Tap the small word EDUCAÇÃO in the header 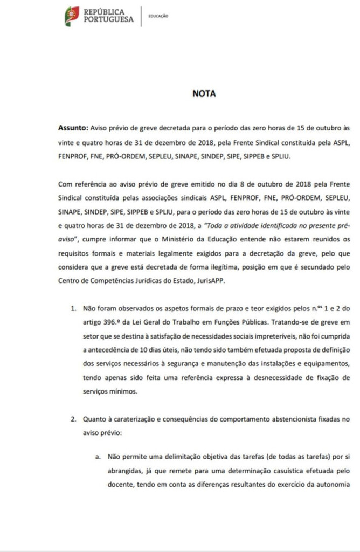point(158,16)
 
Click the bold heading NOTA point(204,93)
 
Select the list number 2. point(73,418)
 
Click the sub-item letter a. point(98,456)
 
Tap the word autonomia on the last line point(334,484)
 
